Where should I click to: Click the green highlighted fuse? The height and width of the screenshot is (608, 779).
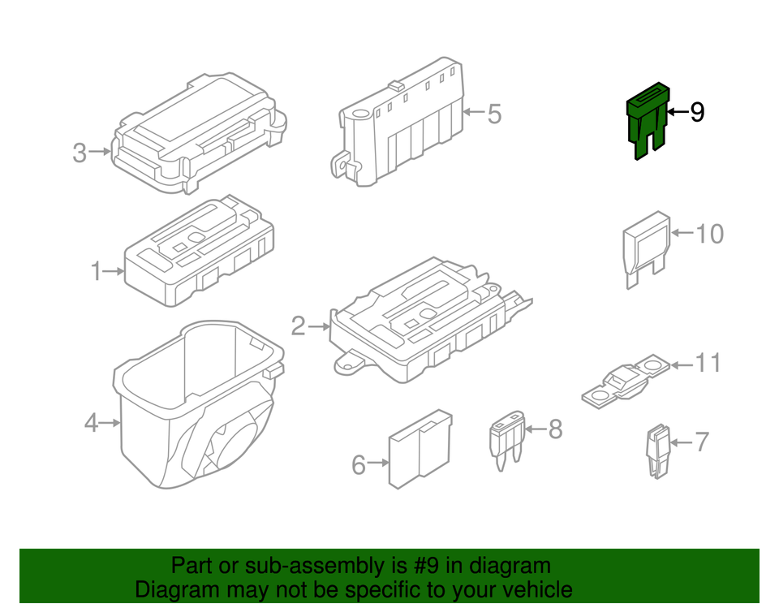(648, 119)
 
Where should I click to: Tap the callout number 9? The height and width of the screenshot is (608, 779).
(697, 112)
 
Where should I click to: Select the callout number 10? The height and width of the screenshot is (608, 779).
(709, 234)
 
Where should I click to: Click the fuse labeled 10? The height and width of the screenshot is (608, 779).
(647, 248)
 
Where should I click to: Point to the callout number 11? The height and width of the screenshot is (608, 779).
(708, 364)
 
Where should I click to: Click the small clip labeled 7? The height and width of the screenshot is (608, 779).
(658, 451)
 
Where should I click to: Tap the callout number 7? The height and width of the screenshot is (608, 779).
(701, 442)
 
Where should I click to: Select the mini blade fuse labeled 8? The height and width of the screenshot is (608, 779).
(506, 440)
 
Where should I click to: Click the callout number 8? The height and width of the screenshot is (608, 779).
(555, 429)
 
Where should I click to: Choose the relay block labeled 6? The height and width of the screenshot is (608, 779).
(420, 449)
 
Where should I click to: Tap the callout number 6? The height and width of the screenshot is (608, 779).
(359, 465)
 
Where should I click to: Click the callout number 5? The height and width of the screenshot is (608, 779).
(494, 114)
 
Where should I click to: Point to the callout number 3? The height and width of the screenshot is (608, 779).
(80, 153)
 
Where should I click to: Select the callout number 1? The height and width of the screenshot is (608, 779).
(96, 271)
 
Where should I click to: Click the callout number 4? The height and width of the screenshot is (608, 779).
(91, 423)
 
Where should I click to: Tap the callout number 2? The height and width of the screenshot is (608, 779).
(298, 326)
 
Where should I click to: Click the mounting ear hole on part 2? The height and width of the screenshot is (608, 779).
(348, 365)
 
